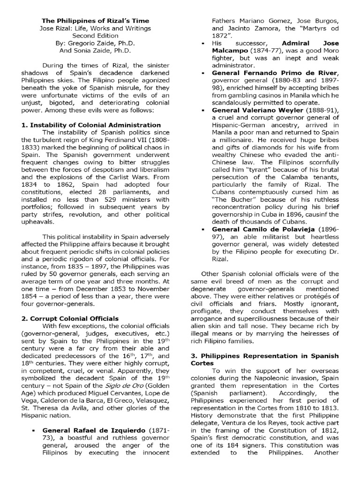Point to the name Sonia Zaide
103,50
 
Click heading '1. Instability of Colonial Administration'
91,125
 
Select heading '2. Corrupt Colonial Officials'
70,318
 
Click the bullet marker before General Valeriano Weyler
202,111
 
